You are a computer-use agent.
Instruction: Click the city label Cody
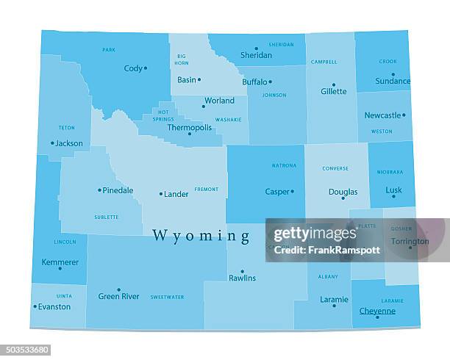click(133, 68)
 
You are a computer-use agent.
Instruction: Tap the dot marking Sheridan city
click(256, 48)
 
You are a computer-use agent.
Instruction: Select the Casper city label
click(276, 192)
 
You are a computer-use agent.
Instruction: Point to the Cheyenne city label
click(377, 311)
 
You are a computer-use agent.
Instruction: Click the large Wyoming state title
click(201, 235)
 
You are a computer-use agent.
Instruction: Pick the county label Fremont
click(206, 189)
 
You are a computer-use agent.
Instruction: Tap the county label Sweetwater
click(167, 297)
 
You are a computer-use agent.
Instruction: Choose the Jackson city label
click(68, 143)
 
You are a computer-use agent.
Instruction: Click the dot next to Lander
click(160, 194)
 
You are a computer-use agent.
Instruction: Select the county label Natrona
click(284, 165)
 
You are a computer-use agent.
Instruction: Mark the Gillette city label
click(333, 92)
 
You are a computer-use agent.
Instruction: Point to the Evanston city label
click(54, 306)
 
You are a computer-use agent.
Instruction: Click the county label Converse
click(335, 168)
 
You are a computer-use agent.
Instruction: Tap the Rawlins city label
click(242, 278)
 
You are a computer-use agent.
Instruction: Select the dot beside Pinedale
click(99, 190)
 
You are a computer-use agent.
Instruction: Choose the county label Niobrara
click(390, 172)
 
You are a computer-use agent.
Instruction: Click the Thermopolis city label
click(189, 127)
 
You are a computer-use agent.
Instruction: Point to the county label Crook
click(387, 62)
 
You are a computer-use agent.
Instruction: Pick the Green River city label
click(118, 296)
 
